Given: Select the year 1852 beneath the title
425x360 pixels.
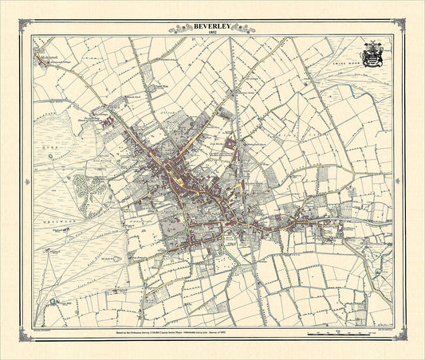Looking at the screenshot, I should tap(212, 33).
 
